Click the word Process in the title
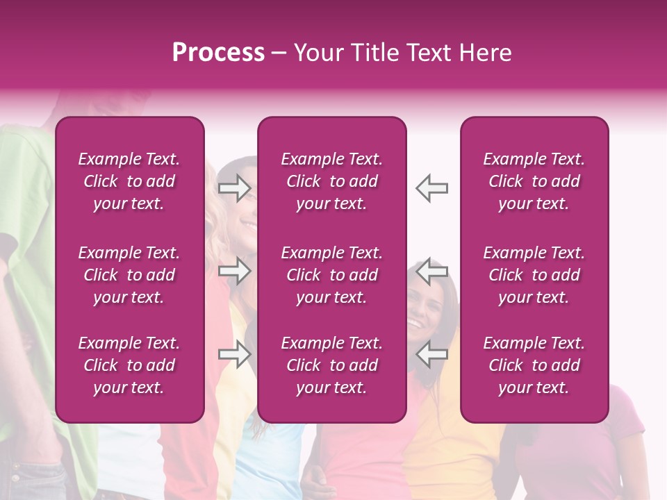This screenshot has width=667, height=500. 218,53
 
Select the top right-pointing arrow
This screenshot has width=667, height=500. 235,187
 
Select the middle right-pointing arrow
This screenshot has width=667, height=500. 235,271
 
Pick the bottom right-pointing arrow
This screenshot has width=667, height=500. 235,354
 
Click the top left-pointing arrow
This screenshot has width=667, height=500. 431,187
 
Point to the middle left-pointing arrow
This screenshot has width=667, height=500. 431,271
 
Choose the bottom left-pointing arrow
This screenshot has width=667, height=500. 431,354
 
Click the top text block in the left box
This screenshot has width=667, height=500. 129,181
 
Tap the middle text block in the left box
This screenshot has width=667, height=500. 129,275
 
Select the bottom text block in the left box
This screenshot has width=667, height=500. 129,365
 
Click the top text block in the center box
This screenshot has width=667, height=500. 332,181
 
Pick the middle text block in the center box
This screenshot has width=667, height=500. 332,275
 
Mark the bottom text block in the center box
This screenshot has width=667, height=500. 332,365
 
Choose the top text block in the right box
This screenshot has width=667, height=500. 534,181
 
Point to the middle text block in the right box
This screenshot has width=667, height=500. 534,275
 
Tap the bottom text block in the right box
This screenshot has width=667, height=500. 534,365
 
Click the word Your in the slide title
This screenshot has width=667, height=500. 319,53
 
